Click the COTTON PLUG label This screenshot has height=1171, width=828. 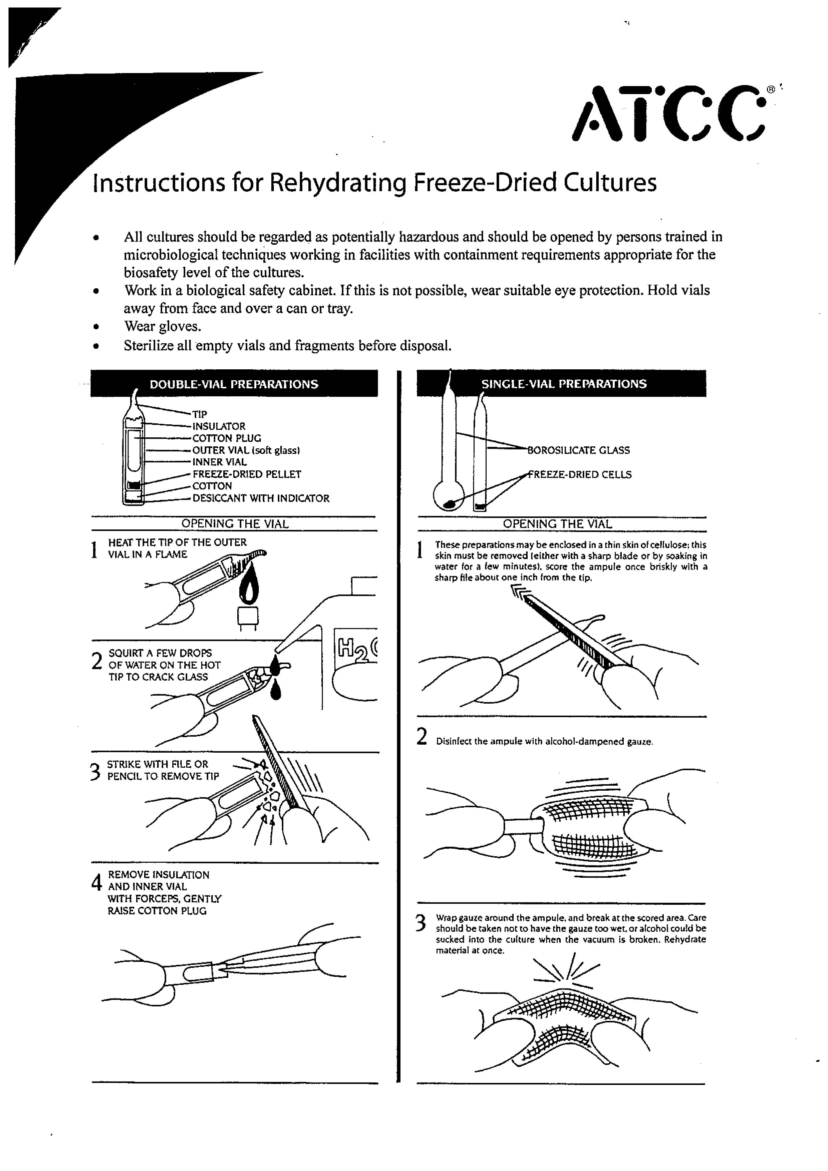227,438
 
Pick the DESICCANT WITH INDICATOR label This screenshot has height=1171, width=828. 261,498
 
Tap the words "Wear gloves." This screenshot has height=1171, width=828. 162,326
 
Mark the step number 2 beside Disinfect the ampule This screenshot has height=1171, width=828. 422,737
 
